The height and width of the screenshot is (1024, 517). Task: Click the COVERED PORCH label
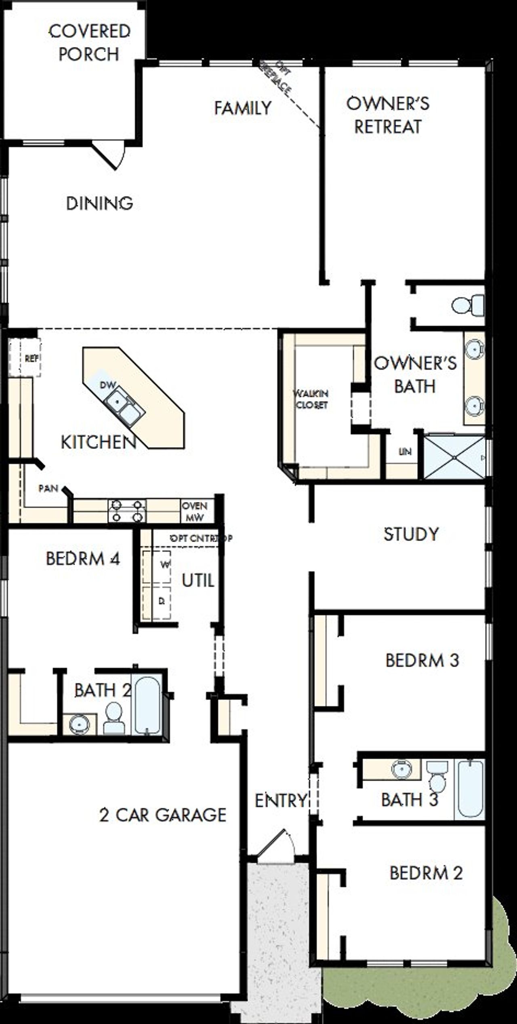pos(89,43)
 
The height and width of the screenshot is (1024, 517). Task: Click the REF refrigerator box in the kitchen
pos(25,358)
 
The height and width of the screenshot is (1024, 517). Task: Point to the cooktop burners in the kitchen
pos(127,511)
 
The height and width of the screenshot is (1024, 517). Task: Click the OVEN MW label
pos(195,511)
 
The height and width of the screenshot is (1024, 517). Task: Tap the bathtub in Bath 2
pos(147,705)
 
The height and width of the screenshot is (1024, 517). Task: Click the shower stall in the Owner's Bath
pos(454,457)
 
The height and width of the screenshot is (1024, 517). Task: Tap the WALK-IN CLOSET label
pos(311,399)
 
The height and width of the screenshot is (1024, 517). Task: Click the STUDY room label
pos(411,534)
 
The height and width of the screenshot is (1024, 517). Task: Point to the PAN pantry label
pos(48,488)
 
